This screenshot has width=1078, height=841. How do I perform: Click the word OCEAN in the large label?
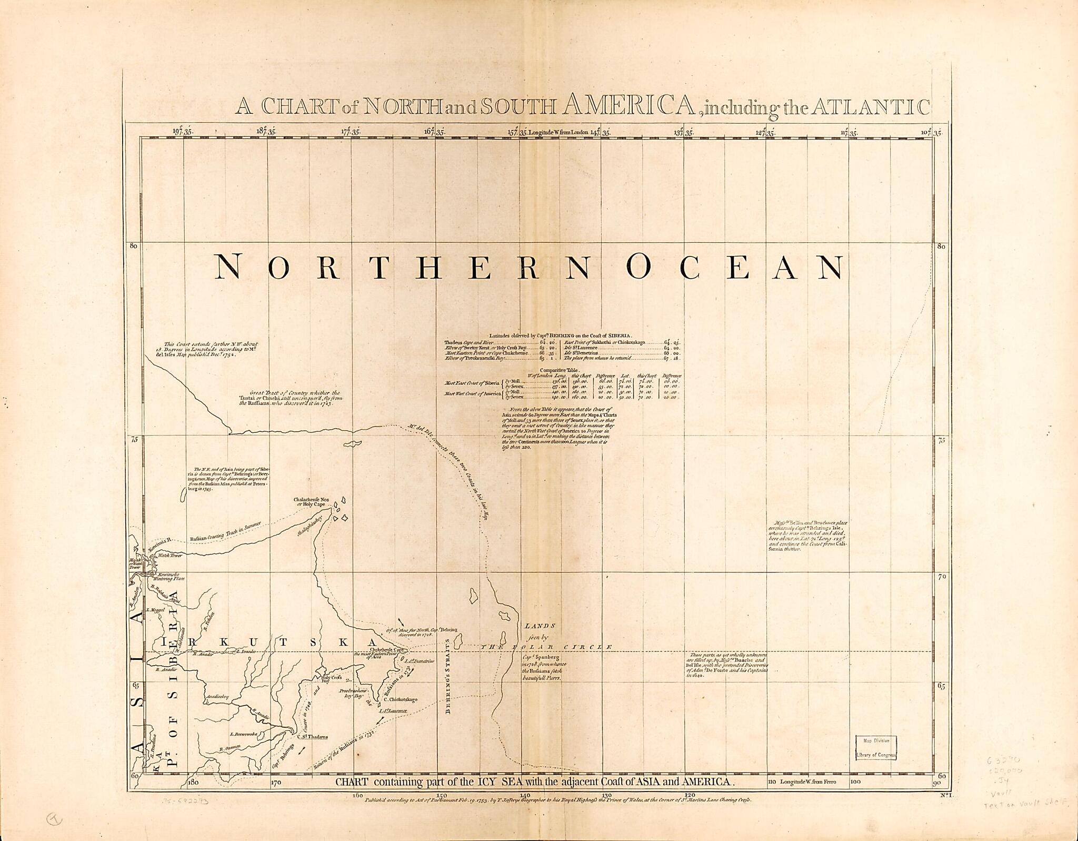coord(736,267)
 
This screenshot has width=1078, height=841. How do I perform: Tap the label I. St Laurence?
coord(393,711)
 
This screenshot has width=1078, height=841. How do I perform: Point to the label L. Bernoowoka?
coord(243,734)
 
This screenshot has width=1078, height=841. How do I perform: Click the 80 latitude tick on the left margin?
coord(134,246)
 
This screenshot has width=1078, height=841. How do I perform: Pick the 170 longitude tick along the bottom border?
coord(275,783)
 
